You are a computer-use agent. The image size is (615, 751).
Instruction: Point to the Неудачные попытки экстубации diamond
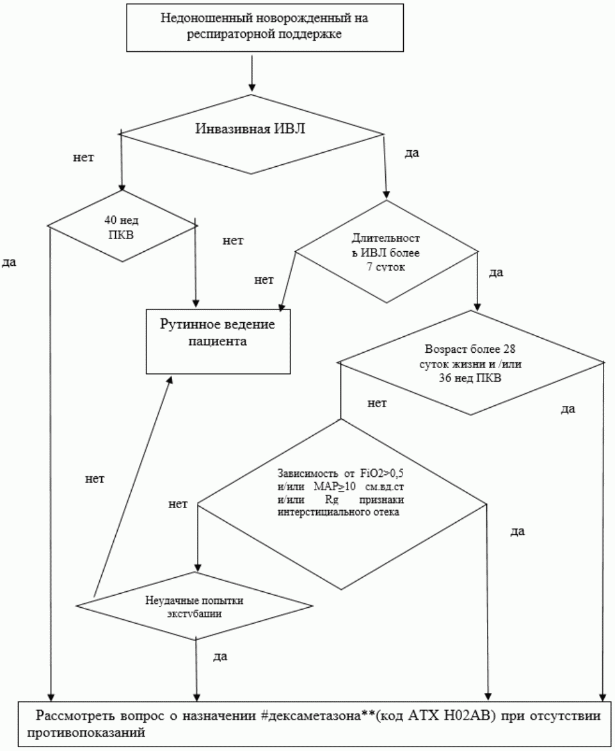[194, 605]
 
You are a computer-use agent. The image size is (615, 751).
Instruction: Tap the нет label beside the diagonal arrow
[95, 477]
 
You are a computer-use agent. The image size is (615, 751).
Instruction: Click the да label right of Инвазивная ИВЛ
[413, 153]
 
